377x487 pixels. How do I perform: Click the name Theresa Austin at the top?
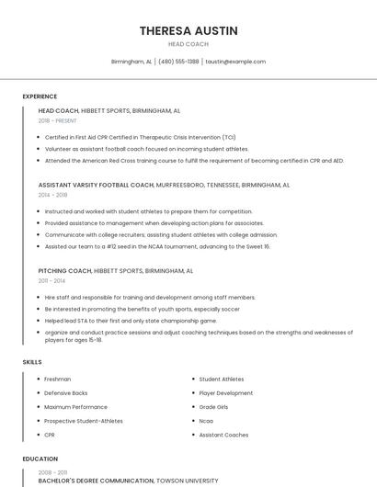coord(188,30)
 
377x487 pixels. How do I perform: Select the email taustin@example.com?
coord(235,62)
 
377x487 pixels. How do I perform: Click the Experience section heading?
coord(40,96)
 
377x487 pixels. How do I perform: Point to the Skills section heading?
coord(32,362)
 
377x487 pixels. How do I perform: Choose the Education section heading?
coord(40,459)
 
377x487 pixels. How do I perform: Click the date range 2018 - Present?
coord(58,120)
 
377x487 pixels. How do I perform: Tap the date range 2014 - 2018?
coord(53,195)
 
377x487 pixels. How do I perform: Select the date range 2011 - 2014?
coord(52,281)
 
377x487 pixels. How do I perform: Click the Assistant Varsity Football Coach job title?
coord(96,185)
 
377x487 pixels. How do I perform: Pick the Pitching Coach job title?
coord(65,271)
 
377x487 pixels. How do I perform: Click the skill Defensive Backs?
coord(66,393)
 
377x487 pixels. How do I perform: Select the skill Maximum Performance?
coord(75,407)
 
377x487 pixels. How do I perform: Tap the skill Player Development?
coord(226,393)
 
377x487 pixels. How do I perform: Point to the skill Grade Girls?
coord(213,407)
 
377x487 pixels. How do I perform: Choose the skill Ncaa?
coord(207,421)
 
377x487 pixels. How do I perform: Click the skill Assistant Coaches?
coord(223,435)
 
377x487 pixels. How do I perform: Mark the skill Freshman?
coord(58,379)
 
